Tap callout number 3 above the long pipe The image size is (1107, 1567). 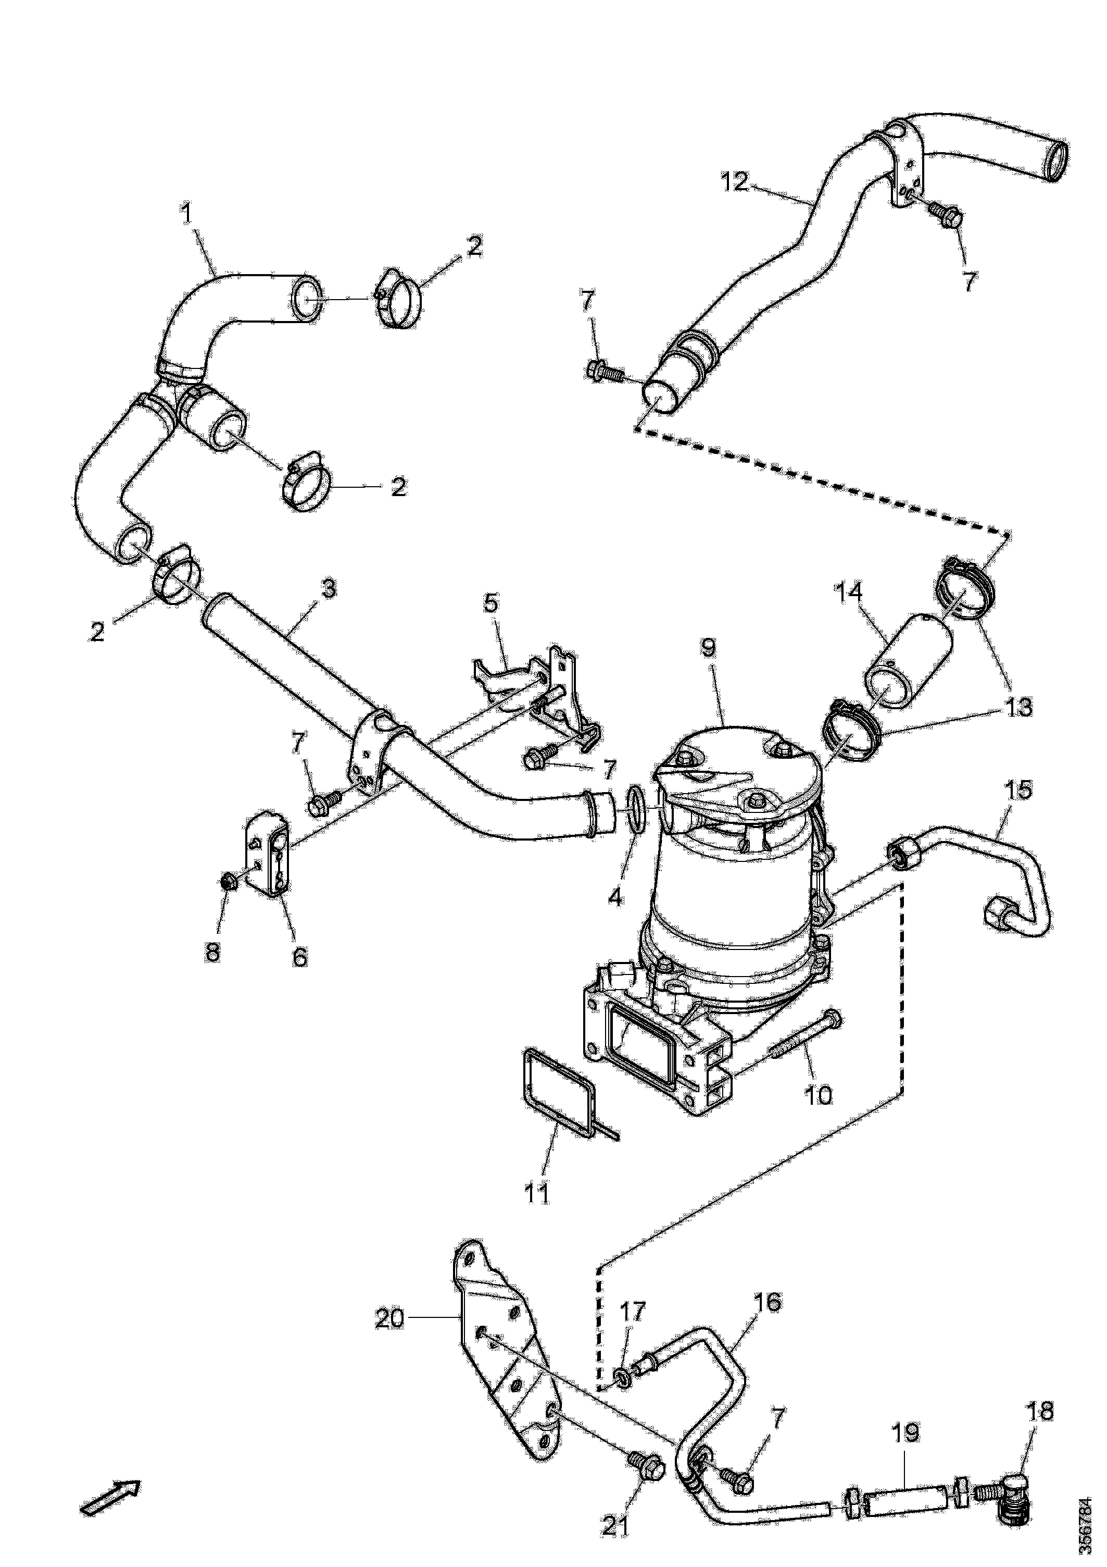(328, 588)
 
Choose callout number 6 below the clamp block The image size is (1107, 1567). (299, 957)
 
